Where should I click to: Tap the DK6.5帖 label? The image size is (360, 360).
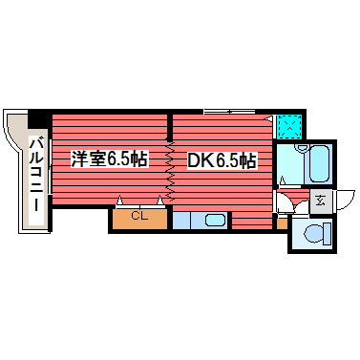(221, 159)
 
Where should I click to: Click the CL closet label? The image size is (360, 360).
(139, 216)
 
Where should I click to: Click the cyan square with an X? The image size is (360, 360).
(289, 127)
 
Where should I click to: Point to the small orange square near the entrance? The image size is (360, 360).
(280, 223)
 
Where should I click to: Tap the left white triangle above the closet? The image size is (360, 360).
(121, 201)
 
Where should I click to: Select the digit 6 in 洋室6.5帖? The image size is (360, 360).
(111, 159)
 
